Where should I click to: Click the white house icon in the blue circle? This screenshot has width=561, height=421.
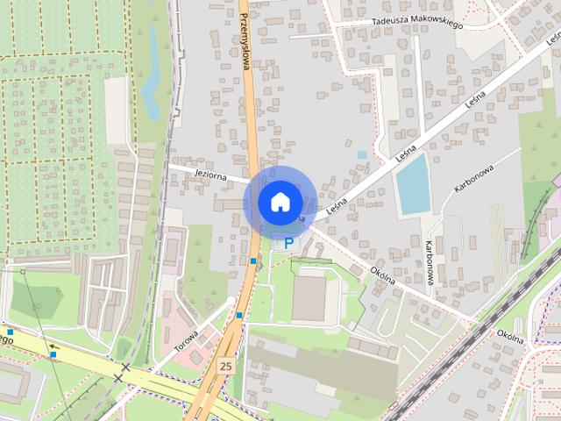(279, 202)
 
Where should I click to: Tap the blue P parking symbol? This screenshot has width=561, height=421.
(288, 242)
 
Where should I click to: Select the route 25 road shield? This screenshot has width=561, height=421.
(225, 365)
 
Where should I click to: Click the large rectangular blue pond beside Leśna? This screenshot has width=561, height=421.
(411, 183)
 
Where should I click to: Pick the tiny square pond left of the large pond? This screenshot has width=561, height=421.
(362, 155)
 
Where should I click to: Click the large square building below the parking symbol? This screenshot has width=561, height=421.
(309, 298)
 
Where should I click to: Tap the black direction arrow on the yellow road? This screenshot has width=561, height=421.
(53, 346)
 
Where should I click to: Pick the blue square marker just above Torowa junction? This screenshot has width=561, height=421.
(239, 316)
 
